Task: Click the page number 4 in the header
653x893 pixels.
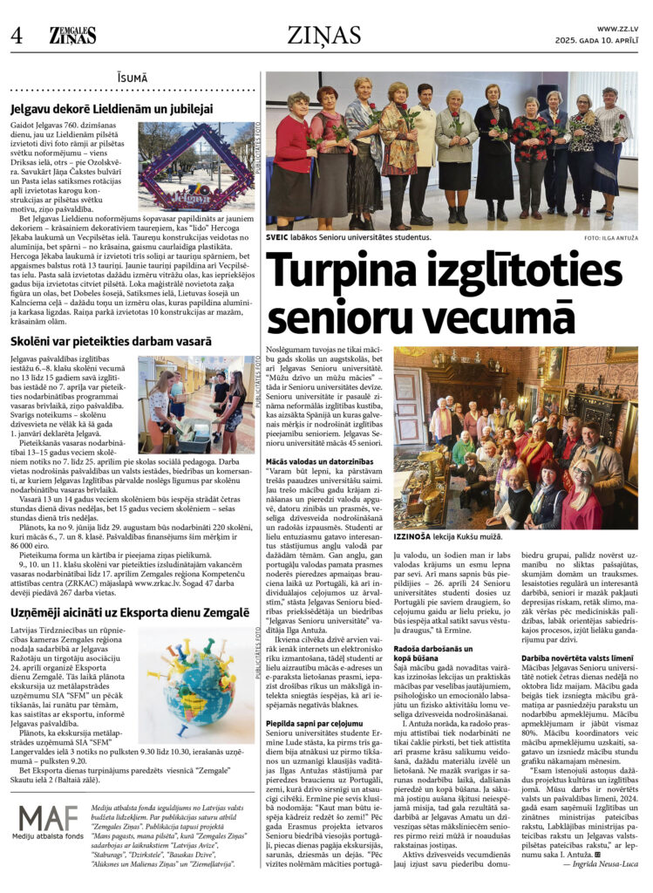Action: [x=16, y=35]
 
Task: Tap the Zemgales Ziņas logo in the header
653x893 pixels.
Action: [x=72, y=35]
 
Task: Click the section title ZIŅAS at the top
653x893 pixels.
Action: [x=324, y=35]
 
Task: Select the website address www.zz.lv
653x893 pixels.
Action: [x=620, y=29]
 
